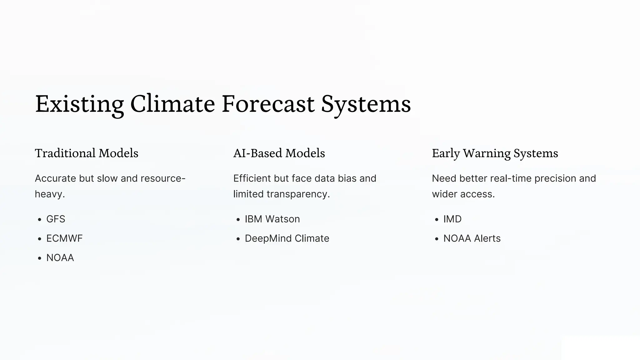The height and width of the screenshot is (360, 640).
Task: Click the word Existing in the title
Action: (x=79, y=104)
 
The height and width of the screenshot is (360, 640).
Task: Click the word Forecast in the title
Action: (x=268, y=104)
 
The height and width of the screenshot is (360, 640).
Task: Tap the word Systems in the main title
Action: (x=366, y=104)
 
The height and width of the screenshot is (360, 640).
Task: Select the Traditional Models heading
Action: (x=87, y=153)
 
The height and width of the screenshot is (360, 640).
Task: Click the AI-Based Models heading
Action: (x=279, y=153)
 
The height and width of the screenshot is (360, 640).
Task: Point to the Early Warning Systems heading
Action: (x=495, y=153)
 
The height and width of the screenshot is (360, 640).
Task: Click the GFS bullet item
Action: (x=56, y=219)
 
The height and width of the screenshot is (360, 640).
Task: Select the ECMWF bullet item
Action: (x=64, y=238)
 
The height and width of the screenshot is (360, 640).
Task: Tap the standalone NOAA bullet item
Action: (x=60, y=258)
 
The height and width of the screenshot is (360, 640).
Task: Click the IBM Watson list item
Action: (x=272, y=219)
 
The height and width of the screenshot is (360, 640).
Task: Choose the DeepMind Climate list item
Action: (x=287, y=238)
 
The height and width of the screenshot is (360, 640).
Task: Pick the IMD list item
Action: (x=452, y=219)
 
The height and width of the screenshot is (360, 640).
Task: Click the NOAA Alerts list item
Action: (x=472, y=238)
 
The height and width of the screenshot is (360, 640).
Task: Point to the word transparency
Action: (x=298, y=194)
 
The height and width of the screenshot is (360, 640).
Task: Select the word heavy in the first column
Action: (x=48, y=194)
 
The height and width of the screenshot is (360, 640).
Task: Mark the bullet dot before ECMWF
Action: (x=39, y=239)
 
